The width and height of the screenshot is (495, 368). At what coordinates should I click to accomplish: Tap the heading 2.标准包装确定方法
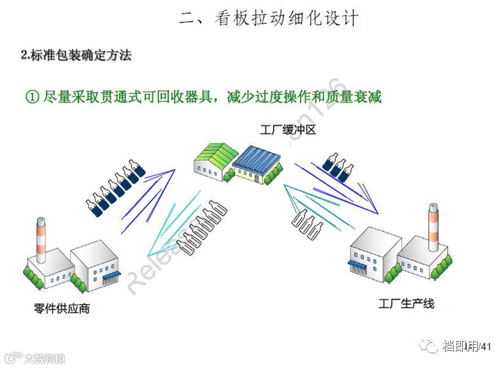[76, 56]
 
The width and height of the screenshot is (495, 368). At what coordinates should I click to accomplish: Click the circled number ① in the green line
[32, 97]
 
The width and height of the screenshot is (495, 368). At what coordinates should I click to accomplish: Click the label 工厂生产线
[406, 303]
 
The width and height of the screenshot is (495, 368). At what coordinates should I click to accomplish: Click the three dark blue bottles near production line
[339, 164]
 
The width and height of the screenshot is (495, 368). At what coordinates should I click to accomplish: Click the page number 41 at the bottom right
[486, 347]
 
